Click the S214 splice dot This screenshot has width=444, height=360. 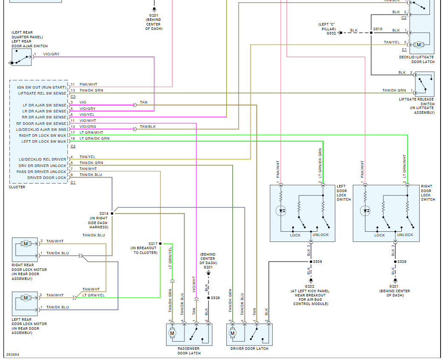click(112, 213)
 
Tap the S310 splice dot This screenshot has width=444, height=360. click(371, 32)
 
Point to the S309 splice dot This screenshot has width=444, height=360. click(310, 262)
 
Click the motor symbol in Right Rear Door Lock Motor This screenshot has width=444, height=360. click(26, 244)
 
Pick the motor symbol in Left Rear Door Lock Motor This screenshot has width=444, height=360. click(26, 298)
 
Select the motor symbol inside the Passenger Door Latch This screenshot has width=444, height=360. click(172, 332)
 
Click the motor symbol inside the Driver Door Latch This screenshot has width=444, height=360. click(233, 332)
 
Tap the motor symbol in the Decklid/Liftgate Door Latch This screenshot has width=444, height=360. click(418, 45)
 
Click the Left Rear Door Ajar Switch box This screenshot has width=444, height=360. click(22, 57)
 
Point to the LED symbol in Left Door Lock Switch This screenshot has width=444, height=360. click(281, 210)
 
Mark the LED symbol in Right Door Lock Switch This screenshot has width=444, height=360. click(365, 210)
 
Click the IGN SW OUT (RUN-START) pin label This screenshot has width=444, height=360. click(42, 87)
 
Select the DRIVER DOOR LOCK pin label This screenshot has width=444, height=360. click(47, 178)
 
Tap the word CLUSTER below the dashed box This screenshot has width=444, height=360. click(17, 187)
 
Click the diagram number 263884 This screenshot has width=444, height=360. click(12, 354)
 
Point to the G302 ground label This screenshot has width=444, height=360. click(331, 33)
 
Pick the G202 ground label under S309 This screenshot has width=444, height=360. click(310, 286)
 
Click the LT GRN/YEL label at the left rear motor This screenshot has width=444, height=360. click(93, 295)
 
